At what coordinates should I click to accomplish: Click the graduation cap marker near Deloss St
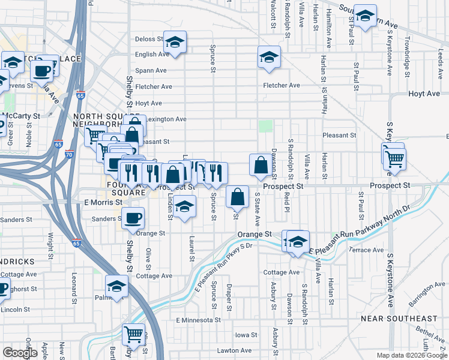175,42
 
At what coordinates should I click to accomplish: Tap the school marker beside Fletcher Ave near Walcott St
269,58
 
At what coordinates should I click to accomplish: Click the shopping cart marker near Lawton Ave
133,334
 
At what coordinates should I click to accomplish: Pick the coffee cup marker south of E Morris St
133,217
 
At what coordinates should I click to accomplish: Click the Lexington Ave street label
166,119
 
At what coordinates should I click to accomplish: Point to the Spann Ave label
151,70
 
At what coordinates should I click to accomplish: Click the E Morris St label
103,202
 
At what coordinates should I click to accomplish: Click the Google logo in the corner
20,353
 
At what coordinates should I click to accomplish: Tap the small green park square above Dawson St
265,126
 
